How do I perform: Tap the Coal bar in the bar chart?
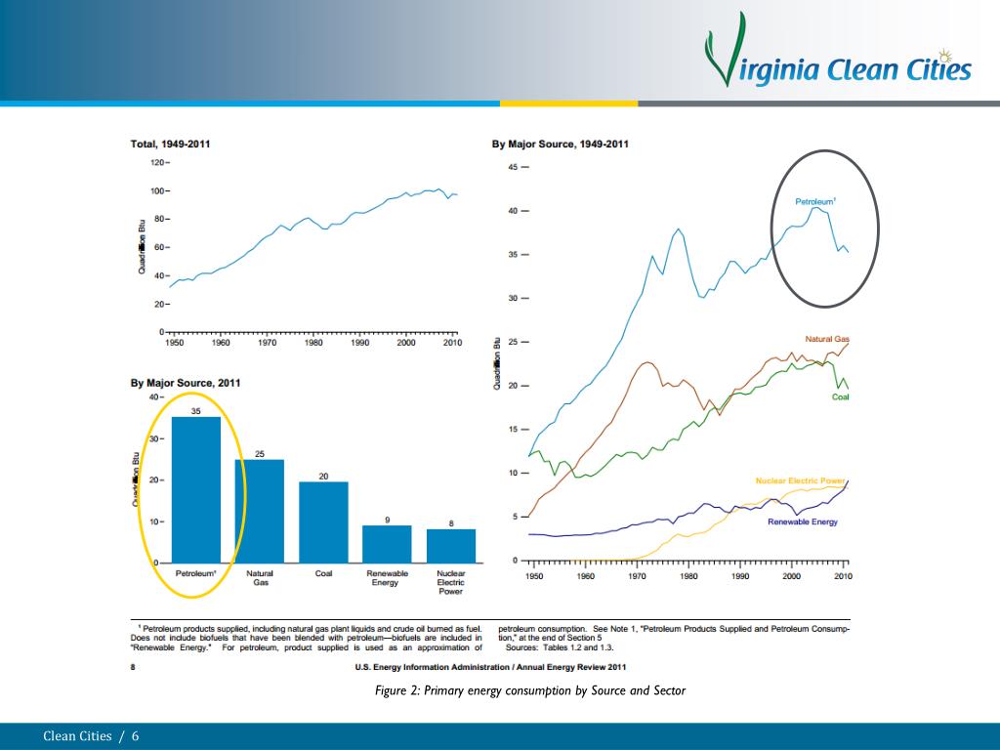click(323, 522)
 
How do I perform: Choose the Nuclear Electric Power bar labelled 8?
click(451, 546)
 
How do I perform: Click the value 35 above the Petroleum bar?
click(195, 411)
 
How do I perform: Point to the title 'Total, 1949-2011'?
click(170, 145)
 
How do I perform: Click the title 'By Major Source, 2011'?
click(186, 383)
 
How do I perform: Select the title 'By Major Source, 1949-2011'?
click(560, 145)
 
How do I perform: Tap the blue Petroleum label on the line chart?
click(815, 202)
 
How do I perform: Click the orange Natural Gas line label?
click(826, 339)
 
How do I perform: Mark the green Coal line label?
click(841, 397)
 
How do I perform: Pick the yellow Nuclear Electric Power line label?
click(800, 480)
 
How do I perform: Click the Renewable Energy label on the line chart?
click(803, 521)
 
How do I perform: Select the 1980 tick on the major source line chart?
click(688, 576)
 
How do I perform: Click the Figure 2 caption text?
click(530, 691)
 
